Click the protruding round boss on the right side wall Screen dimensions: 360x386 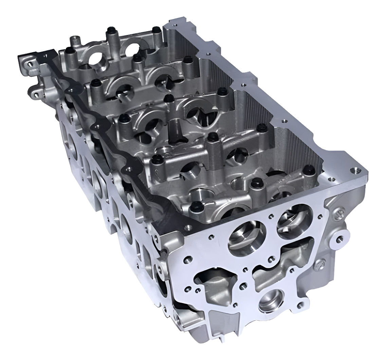(x=339, y=238)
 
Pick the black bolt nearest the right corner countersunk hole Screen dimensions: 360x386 (x=309, y=169)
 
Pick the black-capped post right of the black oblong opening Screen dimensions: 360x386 (x=213, y=137)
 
